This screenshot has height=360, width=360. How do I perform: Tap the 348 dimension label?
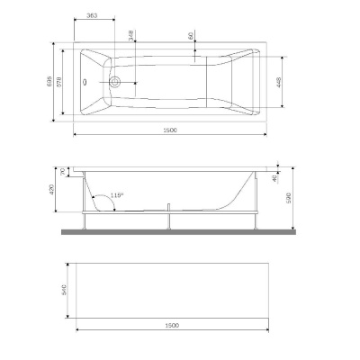pos(133,35)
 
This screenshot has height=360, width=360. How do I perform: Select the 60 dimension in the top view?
pos(192,36)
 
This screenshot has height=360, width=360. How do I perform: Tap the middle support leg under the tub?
pos(168,220)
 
